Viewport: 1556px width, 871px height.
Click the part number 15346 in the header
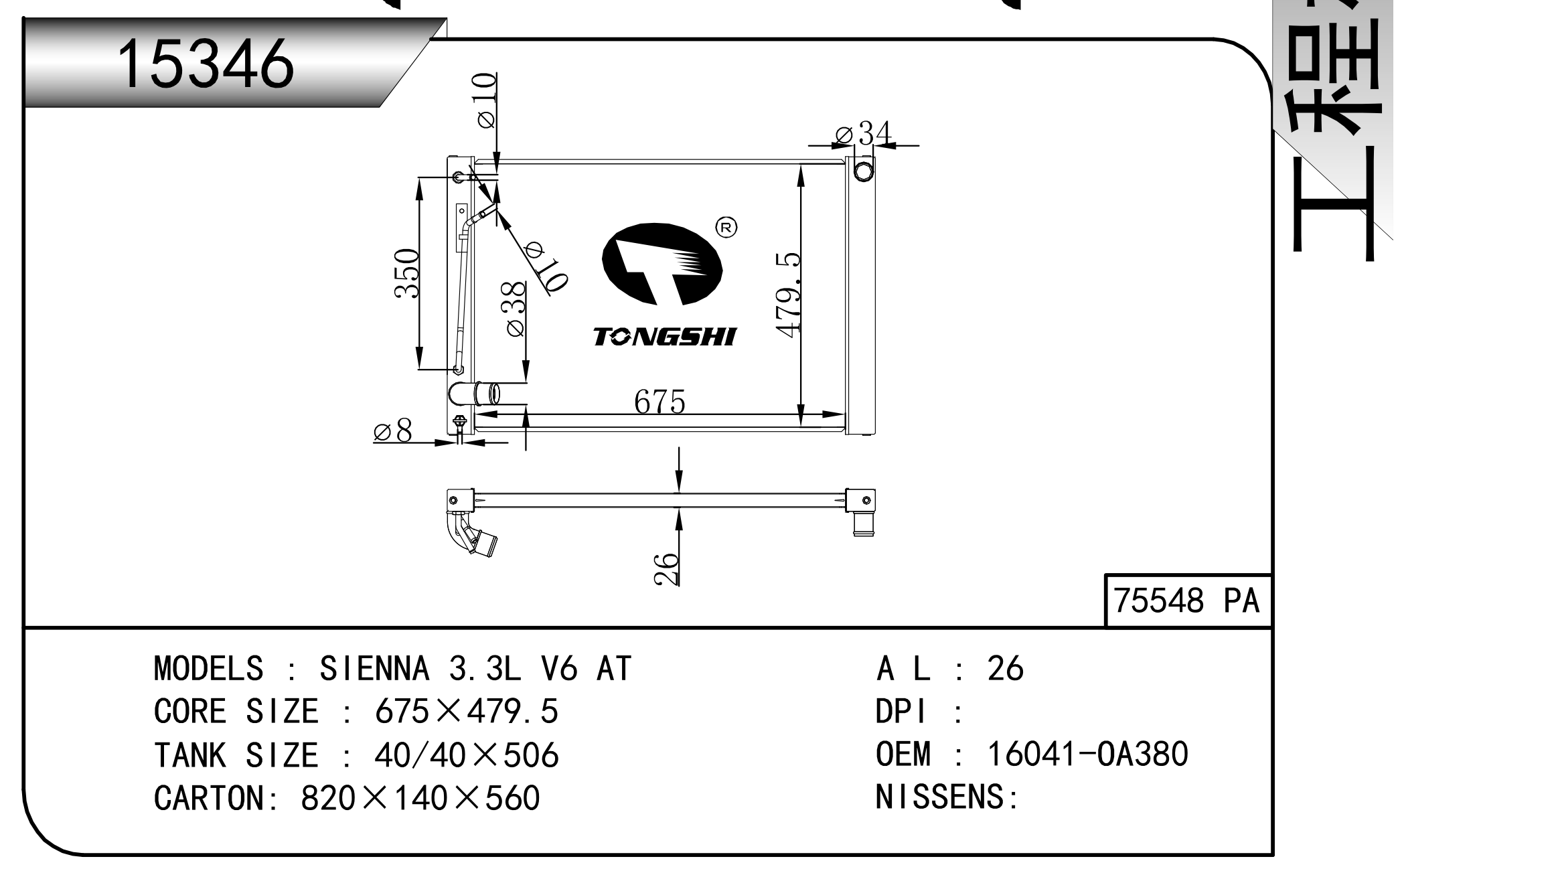pyautogui.click(x=205, y=64)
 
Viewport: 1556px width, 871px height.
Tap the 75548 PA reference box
pyautogui.click(x=1186, y=601)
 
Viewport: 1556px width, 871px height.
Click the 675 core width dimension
pyautogui.click(x=659, y=402)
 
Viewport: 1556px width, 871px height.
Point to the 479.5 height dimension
pyautogui.click(x=787, y=295)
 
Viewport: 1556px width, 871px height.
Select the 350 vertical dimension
pyautogui.click(x=406, y=273)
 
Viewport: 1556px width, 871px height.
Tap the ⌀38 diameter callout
pyautogui.click(x=515, y=309)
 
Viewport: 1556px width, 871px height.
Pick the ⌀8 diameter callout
pyautogui.click(x=393, y=431)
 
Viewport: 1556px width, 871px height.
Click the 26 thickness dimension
pyautogui.click(x=666, y=569)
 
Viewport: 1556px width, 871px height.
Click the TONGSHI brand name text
pyautogui.click(x=664, y=337)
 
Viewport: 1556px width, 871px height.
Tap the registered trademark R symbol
pyautogui.click(x=726, y=228)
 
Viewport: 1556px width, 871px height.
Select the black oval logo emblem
pyautogui.click(x=662, y=264)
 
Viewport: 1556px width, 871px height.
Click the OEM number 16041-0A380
pyautogui.click(x=1087, y=754)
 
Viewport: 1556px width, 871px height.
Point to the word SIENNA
pyautogui.click(x=374, y=668)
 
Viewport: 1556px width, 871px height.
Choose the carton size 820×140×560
pyautogui.click(x=420, y=797)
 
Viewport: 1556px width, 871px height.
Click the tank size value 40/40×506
pyautogui.click(x=466, y=755)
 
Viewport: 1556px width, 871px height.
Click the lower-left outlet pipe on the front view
pyautogui.click(x=474, y=394)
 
